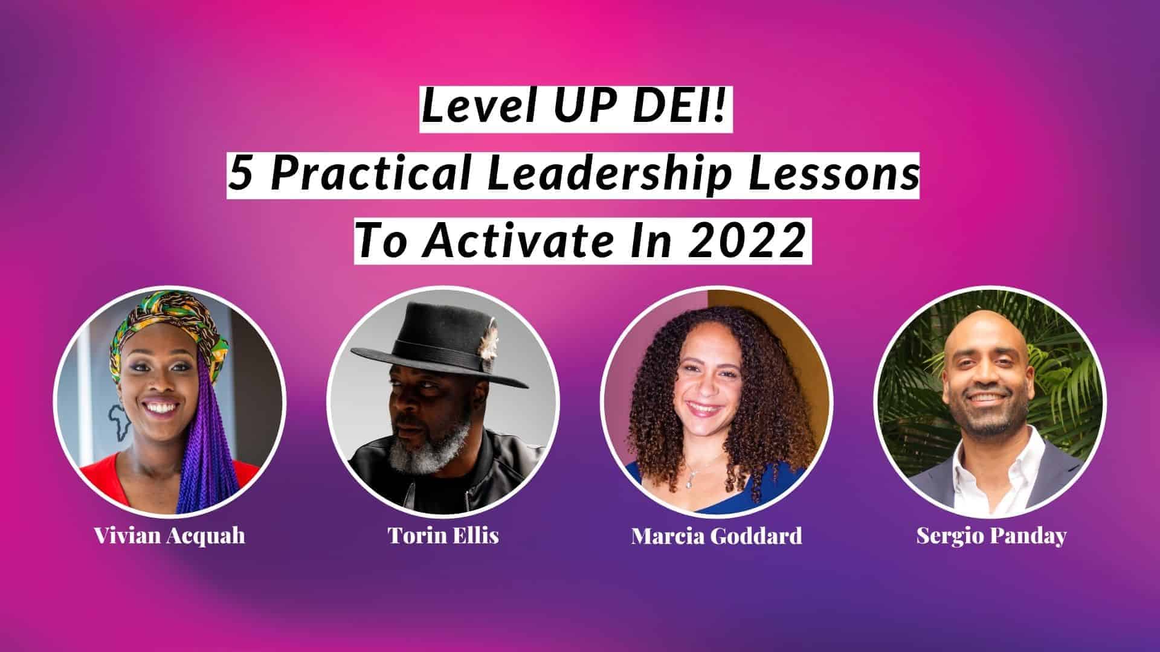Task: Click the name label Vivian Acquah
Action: click(x=170, y=535)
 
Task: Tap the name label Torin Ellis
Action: click(x=443, y=535)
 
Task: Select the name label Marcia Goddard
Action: click(x=717, y=535)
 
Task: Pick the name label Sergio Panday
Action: click(x=991, y=535)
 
